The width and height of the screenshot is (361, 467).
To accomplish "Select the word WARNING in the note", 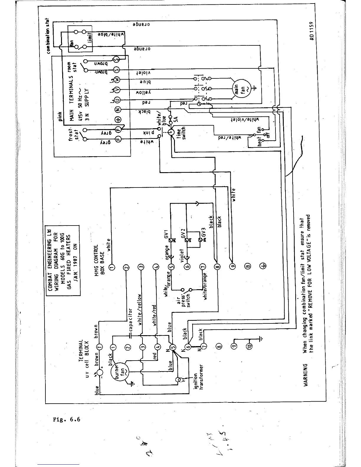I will [306, 374].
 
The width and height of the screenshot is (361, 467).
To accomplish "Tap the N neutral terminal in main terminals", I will [117, 110].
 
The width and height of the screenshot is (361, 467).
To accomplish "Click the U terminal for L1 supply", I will [117, 100].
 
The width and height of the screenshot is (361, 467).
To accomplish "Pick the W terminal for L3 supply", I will [117, 80].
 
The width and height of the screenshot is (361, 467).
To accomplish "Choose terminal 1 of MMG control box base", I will [112, 267].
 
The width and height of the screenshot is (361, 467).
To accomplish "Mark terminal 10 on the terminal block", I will [250, 346].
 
